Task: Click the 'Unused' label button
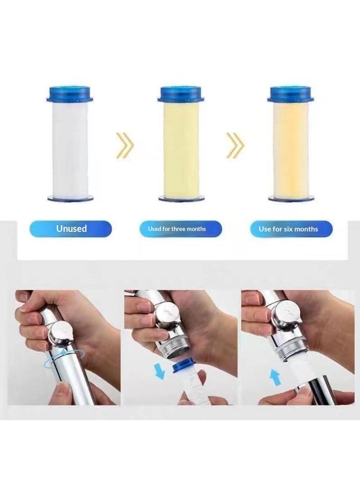coord(71,229)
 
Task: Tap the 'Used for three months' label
coord(181,229)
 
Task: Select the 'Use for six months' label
coord(291,229)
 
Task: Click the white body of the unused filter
coord(71,149)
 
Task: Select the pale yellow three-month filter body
coord(181,149)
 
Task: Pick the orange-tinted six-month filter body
coord(291,149)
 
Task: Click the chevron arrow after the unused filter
coord(125,145)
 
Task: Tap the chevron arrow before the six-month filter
coord(235,145)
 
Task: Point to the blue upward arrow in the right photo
coord(276,377)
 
